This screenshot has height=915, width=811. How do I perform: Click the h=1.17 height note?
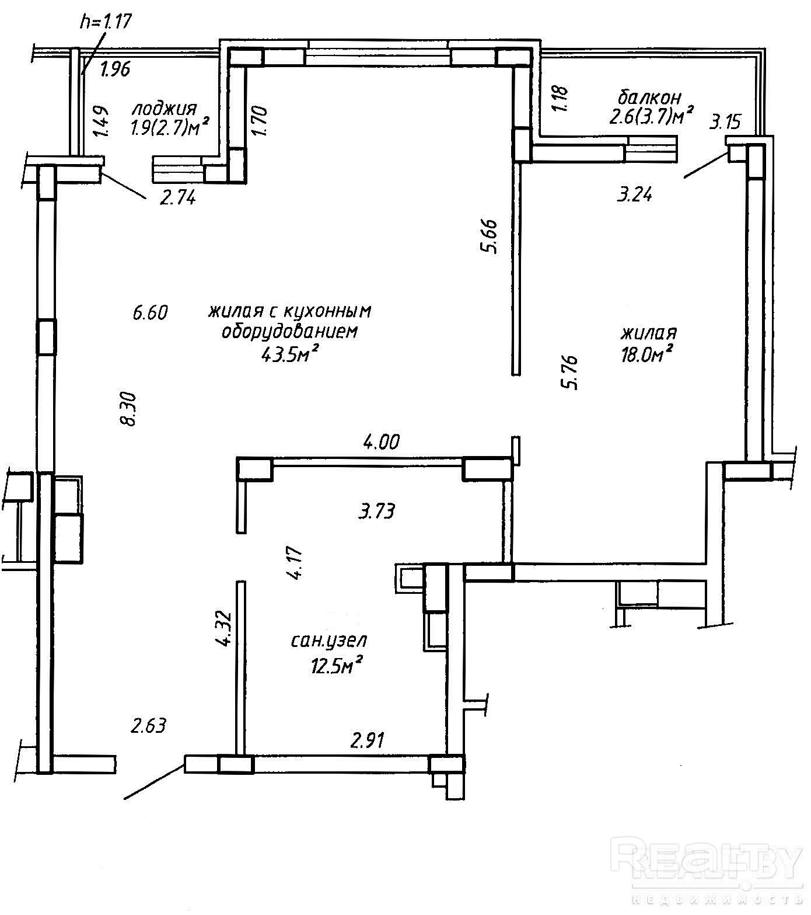tap(107, 22)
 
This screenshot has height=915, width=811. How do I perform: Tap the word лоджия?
tap(164, 109)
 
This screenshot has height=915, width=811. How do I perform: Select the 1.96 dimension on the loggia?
tap(114, 70)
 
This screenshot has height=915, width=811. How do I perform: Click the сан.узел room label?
tap(329, 641)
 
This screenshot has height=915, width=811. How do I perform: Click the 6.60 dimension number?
tap(150, 313)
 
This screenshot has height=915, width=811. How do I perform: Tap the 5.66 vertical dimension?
tap(489, 235)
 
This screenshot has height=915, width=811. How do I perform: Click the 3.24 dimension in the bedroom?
tap(634, 194)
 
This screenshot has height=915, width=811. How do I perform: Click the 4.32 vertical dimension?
tap(223, 629)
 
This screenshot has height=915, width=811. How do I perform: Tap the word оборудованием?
tap(289, 332)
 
